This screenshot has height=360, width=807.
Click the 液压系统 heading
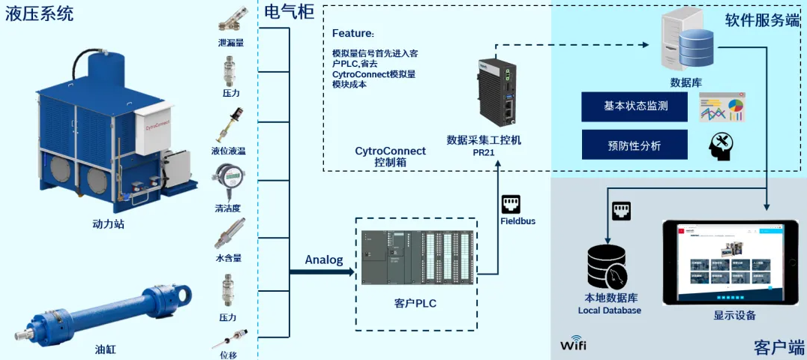coord(39,13)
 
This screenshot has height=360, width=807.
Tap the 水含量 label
coord(229,258)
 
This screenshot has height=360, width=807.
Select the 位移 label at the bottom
coord(229,354)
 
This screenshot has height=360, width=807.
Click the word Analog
coord(323,260)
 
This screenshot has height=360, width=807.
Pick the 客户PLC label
coord(415,304)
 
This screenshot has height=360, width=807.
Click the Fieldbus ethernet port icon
coord(511,203)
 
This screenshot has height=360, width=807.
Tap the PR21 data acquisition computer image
coord(495,93)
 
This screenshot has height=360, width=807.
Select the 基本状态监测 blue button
coord(634,106)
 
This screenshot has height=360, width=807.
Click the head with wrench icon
coord(720,145)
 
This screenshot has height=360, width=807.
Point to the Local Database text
coord(609,310)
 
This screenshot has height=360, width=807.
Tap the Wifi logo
coord(574,346)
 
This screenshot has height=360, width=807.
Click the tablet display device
coord(733,262)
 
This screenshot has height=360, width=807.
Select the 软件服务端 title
coord(761,21)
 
